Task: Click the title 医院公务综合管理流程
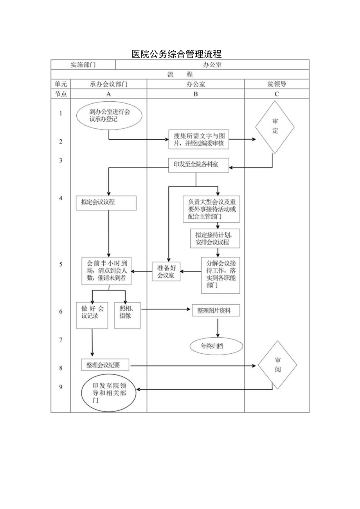(x=176, y=54)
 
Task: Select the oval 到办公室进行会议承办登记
(x=109, y=115)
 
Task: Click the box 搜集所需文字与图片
(x=199, y=140)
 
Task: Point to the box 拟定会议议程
(x=106, y=203)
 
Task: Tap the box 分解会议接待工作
(x=220, y=275)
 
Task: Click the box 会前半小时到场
(x=106, y=271)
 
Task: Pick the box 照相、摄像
(x=127, y=315)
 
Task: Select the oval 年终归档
(x=216, y=346)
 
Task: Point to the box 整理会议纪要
(x=106, y=365)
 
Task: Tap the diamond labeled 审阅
(x=277, y=365)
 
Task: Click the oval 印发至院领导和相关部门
(x=109, y=393)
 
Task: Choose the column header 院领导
(x=277, y=84)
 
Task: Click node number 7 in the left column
(x=61, y=340)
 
